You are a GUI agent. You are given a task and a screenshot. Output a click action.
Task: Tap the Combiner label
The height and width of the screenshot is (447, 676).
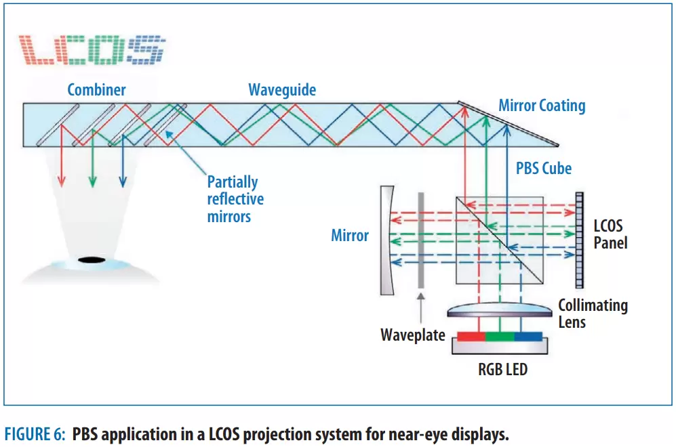tap(96, 90)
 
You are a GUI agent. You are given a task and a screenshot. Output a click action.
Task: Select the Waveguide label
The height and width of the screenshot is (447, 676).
tap(282, 90)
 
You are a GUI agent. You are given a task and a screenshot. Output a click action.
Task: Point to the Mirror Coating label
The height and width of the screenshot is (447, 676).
tap(542, 106)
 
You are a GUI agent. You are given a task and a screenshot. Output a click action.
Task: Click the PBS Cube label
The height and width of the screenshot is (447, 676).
tap(544, 167)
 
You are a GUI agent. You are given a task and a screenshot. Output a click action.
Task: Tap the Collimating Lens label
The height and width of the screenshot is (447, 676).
tap(592, 314)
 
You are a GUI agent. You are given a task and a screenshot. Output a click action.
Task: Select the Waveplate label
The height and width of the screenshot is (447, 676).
tap(412, 335)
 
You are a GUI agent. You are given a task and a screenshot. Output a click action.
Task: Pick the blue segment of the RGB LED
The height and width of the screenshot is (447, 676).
tap(528, 336)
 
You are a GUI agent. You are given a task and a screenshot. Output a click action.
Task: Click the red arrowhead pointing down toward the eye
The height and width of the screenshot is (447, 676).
tap(62, 181)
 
